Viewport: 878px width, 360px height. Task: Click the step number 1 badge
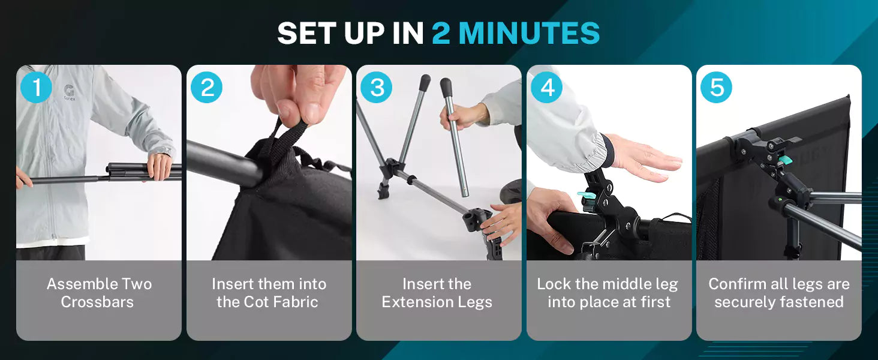[x=36, y=87]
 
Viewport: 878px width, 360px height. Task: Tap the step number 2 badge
[x=206, y=87]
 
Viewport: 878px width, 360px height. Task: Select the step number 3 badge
[x=376, y=87]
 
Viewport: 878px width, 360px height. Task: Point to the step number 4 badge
[x=546, y=87]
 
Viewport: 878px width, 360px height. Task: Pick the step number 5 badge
[x=716, y=87]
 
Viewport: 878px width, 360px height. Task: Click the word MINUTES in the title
[x=529, y=33]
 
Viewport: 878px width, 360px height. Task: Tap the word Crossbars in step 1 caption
[x=97, y=302]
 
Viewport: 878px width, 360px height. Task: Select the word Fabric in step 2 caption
[x=296, y=302]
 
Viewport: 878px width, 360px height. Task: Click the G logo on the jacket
[x=69, y=91]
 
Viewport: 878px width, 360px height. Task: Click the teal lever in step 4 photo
[x=587, y=195]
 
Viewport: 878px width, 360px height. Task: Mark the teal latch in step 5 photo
[x=784, y=160]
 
